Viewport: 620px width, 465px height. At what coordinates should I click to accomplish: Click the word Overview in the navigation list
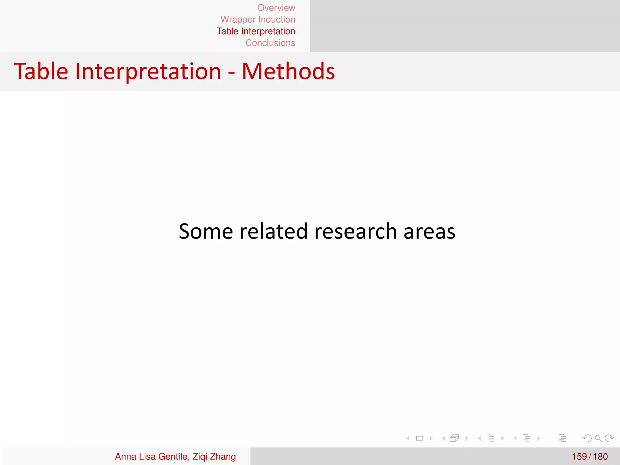click(x=276, y=8)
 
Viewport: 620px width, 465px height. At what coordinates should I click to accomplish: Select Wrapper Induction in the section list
click(x=258, y=20)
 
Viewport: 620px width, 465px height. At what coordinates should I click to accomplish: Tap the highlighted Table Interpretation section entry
click(x=256, y=31)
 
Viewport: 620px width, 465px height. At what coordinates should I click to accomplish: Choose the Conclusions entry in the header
click(x=270, y=43)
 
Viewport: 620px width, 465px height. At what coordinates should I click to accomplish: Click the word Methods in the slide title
click(x=288, y=71)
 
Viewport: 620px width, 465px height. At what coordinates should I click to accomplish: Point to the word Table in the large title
click(x=41, y=71)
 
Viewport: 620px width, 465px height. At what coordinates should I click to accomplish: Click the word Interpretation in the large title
click(x=148, y=71)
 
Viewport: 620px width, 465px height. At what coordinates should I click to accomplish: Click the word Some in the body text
click(x=206, y=232)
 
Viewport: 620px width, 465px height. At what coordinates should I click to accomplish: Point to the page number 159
click(x=579, y=457)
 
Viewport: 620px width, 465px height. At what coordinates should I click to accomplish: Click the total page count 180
click(x=600, y=457)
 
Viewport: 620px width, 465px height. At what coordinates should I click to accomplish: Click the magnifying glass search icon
click(x=598, y=438)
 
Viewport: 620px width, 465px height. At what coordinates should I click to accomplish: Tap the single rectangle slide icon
click(x=419, y=438)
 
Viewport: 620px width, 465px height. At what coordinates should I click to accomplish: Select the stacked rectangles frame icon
click(x=454, y=438)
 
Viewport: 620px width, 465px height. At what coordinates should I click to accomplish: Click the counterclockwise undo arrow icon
click(x=587, y=438)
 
